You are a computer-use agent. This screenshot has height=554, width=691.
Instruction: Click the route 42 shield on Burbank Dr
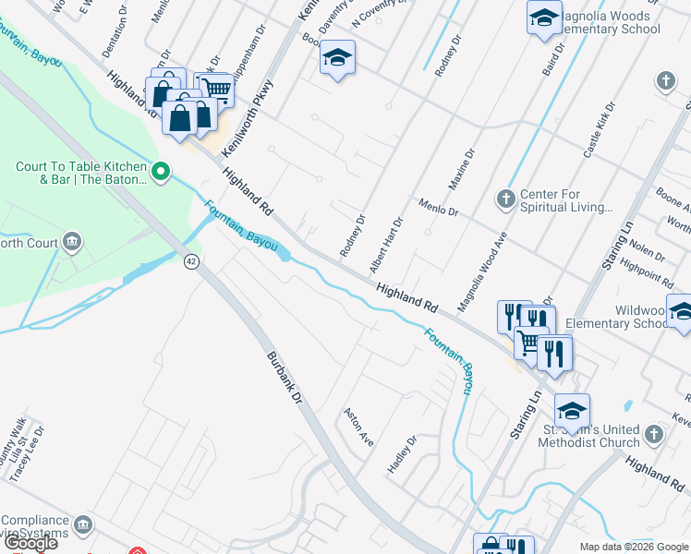pyautogui.click(x=191, y=261)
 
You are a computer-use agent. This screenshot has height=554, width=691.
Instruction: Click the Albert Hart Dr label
pyautogui.click(x=386, y=245)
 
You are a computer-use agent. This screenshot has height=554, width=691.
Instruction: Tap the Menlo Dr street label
pyautogui.click(x=438, y=207)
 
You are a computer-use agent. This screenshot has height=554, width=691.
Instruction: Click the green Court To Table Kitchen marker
pyautogui.click(x=160, y=170)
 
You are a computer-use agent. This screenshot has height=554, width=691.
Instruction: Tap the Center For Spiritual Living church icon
pyautogui.click(x=505, y=198)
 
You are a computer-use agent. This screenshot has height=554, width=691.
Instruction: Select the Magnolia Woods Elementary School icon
pyautogui.click(x=544, y=17)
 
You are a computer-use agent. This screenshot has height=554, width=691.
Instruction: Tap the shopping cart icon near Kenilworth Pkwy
pyautogui.click(x=217, y=89)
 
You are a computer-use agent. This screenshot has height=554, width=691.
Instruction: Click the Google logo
pyautogui.click(x=30, y=543)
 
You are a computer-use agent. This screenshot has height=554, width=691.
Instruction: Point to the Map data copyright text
pyautogui.click(x=634, y=547)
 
